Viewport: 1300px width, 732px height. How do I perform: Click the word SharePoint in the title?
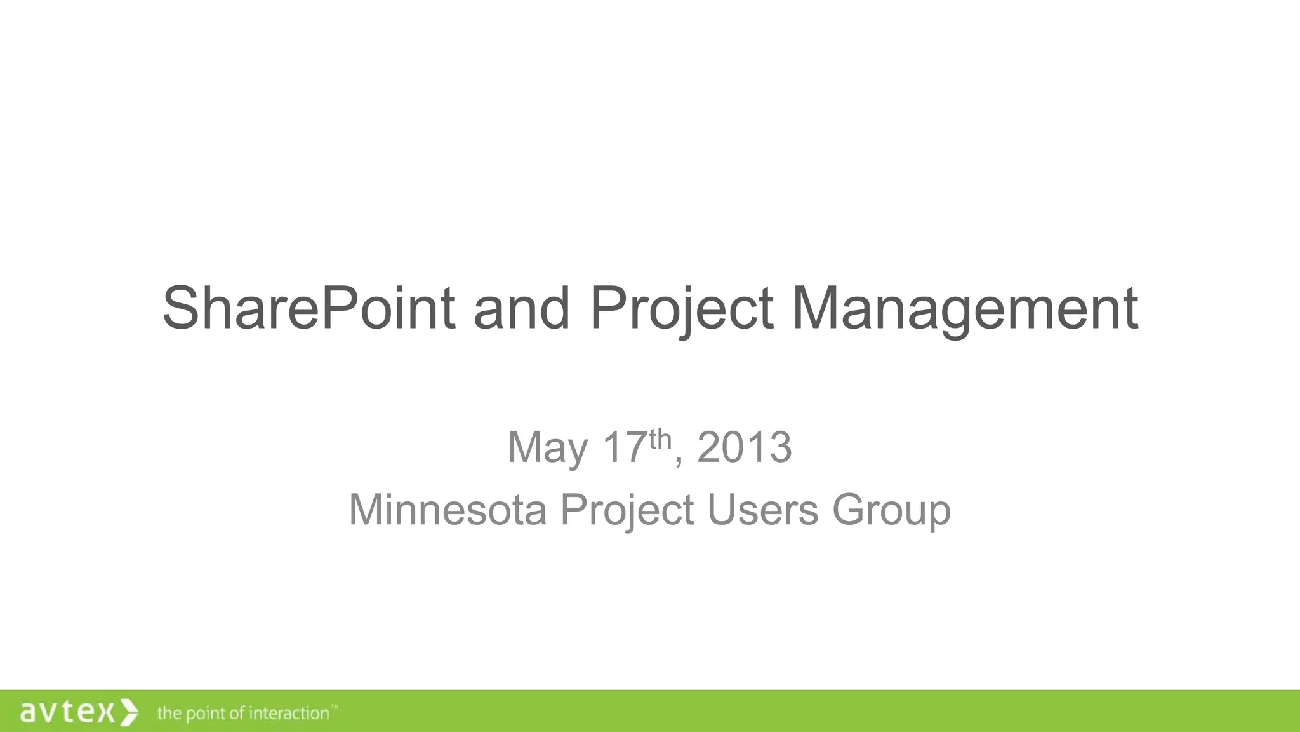308,308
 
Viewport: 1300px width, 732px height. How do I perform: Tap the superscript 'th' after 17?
660,438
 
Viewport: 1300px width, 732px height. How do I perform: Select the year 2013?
744,447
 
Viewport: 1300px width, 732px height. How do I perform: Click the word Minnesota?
448,510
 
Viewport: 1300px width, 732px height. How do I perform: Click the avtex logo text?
67,712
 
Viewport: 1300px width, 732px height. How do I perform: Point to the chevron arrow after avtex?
129,712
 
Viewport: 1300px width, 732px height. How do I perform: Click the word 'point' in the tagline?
204,714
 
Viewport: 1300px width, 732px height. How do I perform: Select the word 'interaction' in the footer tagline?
289,714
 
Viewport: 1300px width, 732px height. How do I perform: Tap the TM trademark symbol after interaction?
335,707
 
